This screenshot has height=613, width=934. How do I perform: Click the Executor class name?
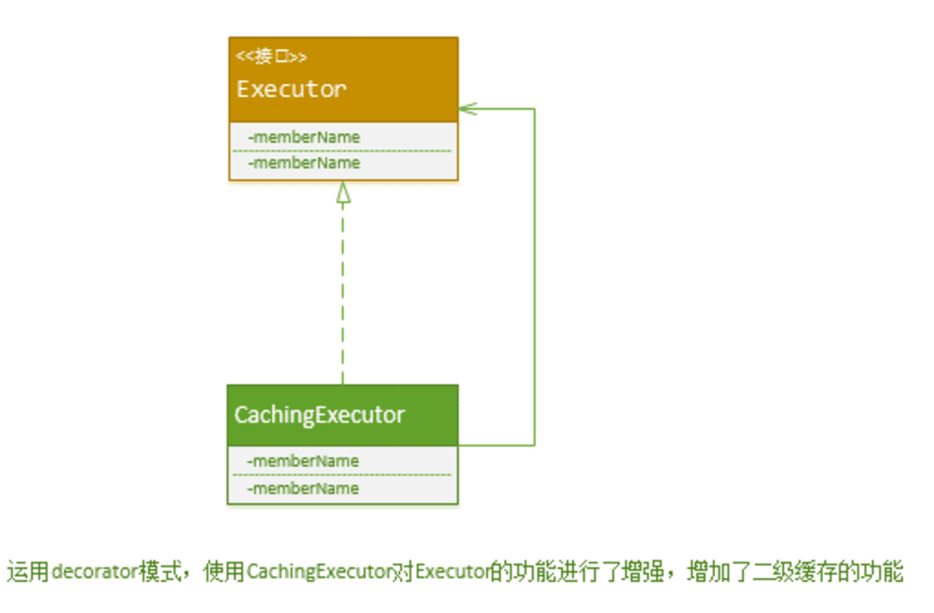point(292,89)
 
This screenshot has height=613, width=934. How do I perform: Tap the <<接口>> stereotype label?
point(271,57)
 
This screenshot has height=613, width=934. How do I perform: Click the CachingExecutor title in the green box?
point(319,414)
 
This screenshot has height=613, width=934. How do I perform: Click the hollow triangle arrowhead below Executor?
point(344,192)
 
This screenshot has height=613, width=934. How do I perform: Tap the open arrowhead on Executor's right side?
point(467,109)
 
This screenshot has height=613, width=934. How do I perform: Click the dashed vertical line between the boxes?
point(344,293)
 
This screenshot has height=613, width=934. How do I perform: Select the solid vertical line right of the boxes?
point(535,274)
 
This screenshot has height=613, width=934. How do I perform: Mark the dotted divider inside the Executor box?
point(343,150)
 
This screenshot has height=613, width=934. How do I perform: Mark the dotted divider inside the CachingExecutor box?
point(343,475)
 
